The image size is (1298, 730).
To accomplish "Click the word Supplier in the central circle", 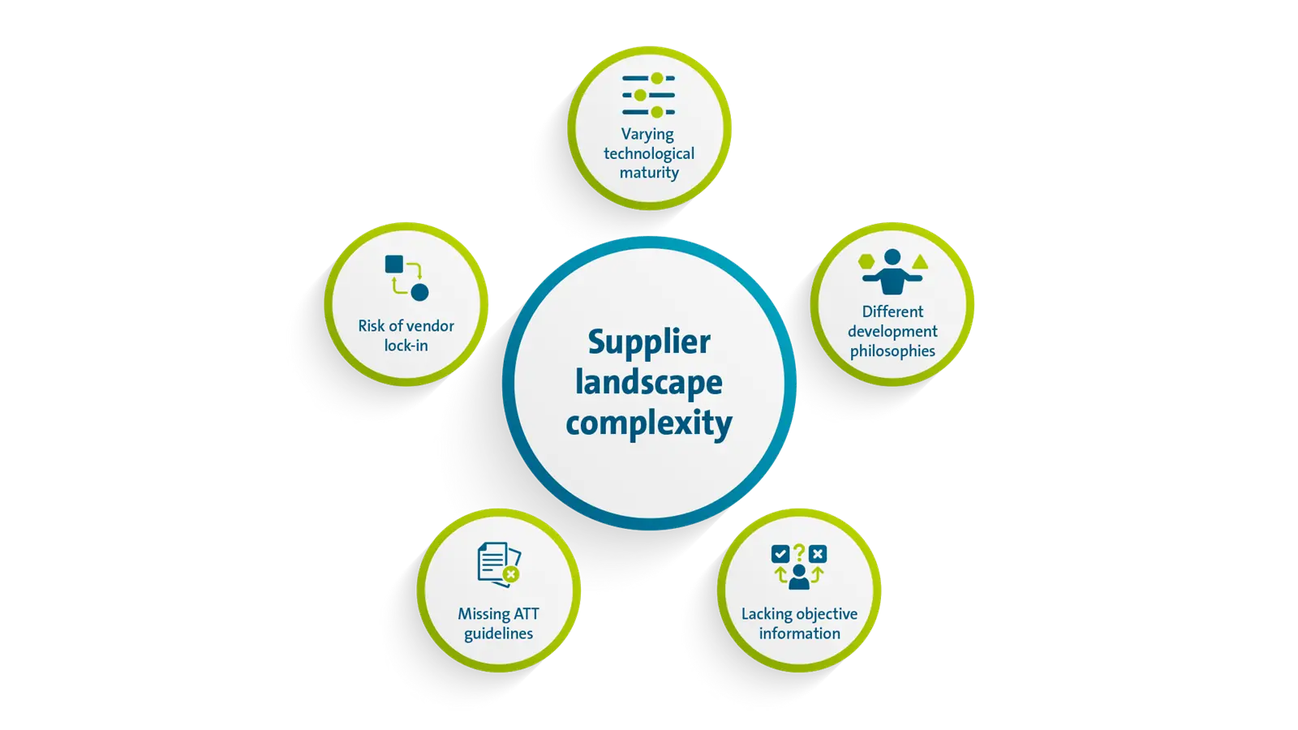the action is [x=649, y=342].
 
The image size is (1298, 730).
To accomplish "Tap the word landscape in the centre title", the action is [x=649, y=383].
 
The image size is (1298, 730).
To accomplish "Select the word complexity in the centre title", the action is [x=649, y=423].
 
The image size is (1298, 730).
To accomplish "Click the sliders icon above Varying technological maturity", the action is [x=648, y=95].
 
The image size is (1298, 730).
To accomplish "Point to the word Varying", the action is [x=647, y=135].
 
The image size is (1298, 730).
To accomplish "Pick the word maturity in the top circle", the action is [x=649, y=173].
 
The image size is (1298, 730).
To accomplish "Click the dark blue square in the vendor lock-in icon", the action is [x=394, y=264].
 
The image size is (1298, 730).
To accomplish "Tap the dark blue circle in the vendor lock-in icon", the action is [x=419, y=292].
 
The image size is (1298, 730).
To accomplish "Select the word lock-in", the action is [x=406, y=346].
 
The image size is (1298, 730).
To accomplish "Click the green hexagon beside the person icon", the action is [x=867, y=262].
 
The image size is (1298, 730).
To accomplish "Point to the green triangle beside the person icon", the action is [x=920, y=262].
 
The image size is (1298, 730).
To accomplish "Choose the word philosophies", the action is [x=892, y=351].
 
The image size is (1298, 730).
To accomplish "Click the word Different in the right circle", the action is [x=892, y=311].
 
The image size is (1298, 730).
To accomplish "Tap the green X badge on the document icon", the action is [x=510, y=574].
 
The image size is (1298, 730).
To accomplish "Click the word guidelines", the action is [x=498, y=633].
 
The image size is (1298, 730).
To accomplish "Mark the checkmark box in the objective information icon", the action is [x=780, y=555].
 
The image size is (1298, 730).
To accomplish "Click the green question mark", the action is [x=799, y=552].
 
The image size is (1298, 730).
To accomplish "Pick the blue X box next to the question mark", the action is [x=818, y=555].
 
